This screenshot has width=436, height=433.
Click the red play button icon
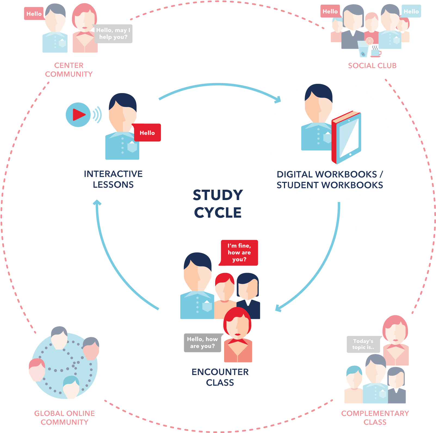[x=78, y=115]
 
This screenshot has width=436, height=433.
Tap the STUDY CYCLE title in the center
[x=218, y=204]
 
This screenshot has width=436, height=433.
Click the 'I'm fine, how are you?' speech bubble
[x=239, y=253]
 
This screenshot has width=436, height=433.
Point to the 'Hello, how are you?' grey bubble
[x=202, y=343]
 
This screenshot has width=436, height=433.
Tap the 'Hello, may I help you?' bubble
[x=113, y=34]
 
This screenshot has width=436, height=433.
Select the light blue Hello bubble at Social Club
[x=411, y=11]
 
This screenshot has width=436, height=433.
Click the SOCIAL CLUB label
[x=372, y=66]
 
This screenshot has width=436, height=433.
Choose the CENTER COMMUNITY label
[x=69, y=70]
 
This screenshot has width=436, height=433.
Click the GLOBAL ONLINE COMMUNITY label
[x=64, y=417]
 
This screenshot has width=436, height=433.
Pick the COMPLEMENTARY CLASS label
[x=375, y=417]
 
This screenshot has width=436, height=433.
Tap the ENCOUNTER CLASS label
[x=220, y=377]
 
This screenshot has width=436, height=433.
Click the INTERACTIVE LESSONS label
[x=113, y=179]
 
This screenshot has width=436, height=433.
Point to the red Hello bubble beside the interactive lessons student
[x=147, y=133]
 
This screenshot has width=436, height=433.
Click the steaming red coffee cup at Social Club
[x=376, y=52]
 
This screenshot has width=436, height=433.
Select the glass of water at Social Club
[x=363, y=49]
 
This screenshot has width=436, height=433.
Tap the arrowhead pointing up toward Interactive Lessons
[x=97, y=202]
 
